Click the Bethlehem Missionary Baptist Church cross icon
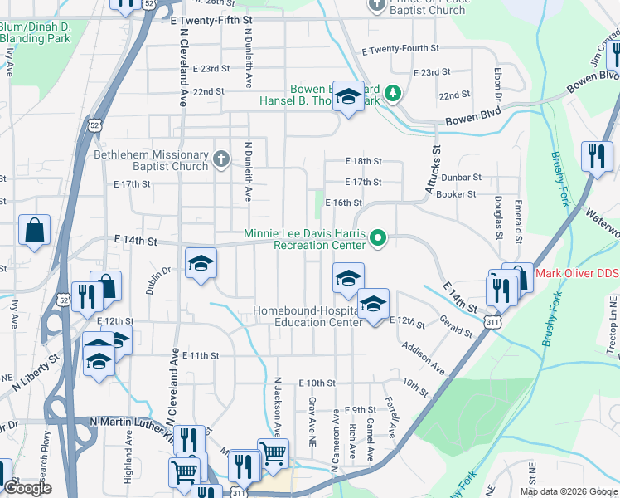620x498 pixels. [x=220, y=159]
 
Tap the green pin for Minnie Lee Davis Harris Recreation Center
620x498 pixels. [x=378, y=239]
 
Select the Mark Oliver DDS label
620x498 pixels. [x=578, y=273]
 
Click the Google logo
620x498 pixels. [x=27, y=488]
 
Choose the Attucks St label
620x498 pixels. [x=433, y=171]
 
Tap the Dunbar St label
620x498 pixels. [x=461, y=177]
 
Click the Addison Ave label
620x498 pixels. [x=423, y=356]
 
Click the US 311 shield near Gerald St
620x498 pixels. [x=493, y=320]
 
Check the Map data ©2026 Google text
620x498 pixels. [x=569, y=491]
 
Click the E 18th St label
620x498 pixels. [x=364, y=161]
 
